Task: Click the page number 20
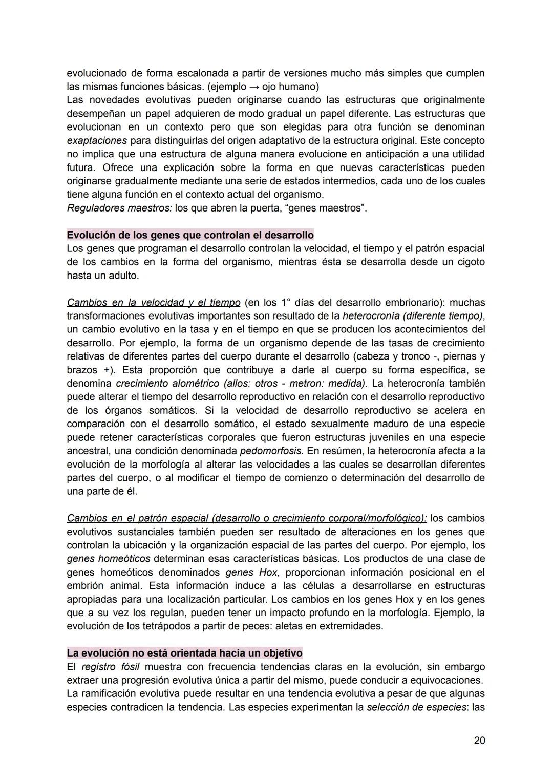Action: [x=479, y=741]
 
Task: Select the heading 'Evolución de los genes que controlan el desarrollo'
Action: [x=190, y=235]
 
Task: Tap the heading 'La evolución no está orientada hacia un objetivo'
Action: [x=184, y=653]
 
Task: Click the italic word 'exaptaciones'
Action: [x=97, y=140]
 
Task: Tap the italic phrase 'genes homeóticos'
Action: [x=109, y=559]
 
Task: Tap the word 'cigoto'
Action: [x=466, y=262]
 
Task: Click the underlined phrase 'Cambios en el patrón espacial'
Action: [x=138, y=518]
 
